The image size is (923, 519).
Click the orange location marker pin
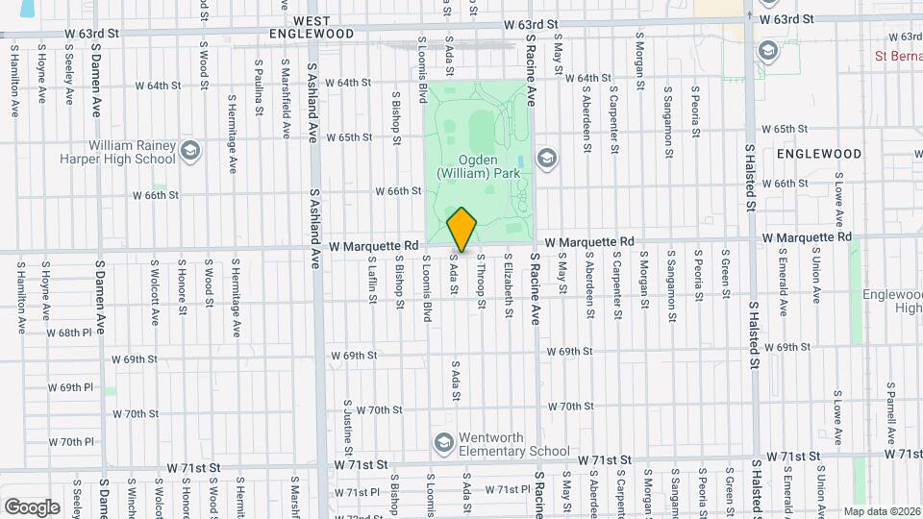coord(462,231)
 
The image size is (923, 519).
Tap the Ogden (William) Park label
coord(478,166)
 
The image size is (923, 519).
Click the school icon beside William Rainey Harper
coord(190,150)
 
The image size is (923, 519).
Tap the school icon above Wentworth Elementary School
coord(443,442)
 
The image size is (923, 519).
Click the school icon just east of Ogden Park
coord(547,158)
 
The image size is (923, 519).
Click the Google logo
coord(32,507)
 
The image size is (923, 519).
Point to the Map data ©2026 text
coord(881,511)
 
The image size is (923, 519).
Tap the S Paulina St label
coord(259,86)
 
